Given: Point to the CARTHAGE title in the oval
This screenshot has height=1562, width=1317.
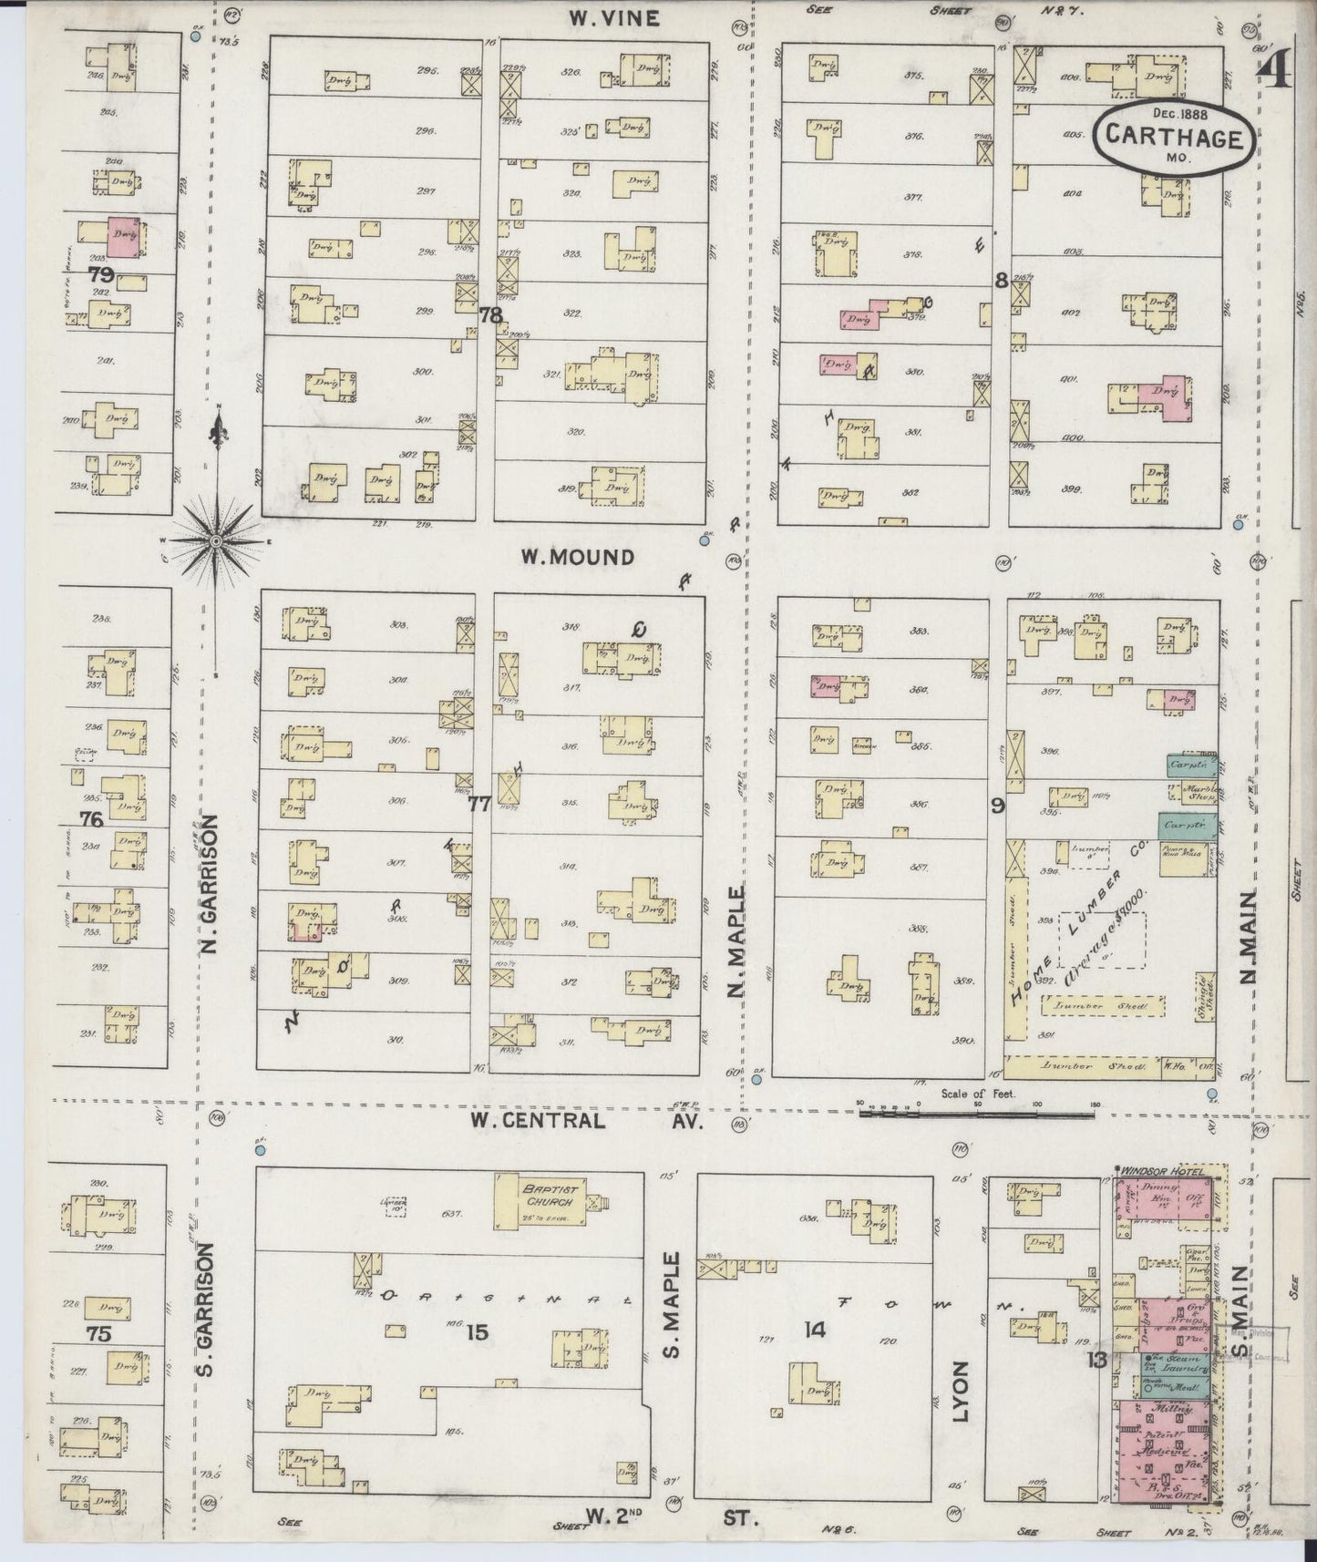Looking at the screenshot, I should (x=1174, y=138).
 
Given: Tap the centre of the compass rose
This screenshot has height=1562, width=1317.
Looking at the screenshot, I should (x=216, y=541).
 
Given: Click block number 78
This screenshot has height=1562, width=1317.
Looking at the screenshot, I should (x=490, y=315).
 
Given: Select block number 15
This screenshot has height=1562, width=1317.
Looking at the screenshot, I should (x=477, y=1332).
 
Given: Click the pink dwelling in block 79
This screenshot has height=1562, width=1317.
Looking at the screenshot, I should (x=122, y=236).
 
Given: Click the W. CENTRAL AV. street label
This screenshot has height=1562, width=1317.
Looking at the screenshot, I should (x=583, y=1120).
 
